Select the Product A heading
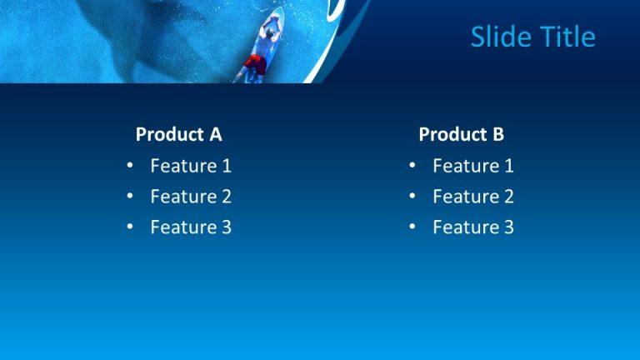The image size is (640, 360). coord(178,134)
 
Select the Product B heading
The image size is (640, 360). coord(461,134)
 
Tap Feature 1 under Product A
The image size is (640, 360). coord(190,166)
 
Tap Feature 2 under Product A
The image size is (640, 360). coord(190,197)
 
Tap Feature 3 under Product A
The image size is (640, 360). coord(190,227)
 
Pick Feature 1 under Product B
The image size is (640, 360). coord(472,166)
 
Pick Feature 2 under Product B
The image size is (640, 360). coord(472,197)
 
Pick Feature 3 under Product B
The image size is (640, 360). coord(472,227)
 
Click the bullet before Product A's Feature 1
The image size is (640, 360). coord(130,166)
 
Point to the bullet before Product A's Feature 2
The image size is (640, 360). coord(130,197)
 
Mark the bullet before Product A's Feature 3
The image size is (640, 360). coord(130,227)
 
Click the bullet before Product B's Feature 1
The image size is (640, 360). coord(412,166)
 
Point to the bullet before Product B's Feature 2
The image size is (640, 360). coord(412,197)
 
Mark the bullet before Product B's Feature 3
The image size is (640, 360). coord(412,227)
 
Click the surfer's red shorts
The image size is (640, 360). coord(256,62)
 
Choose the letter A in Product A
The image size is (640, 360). coord(215,134)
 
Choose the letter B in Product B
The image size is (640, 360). coord(497,134)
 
